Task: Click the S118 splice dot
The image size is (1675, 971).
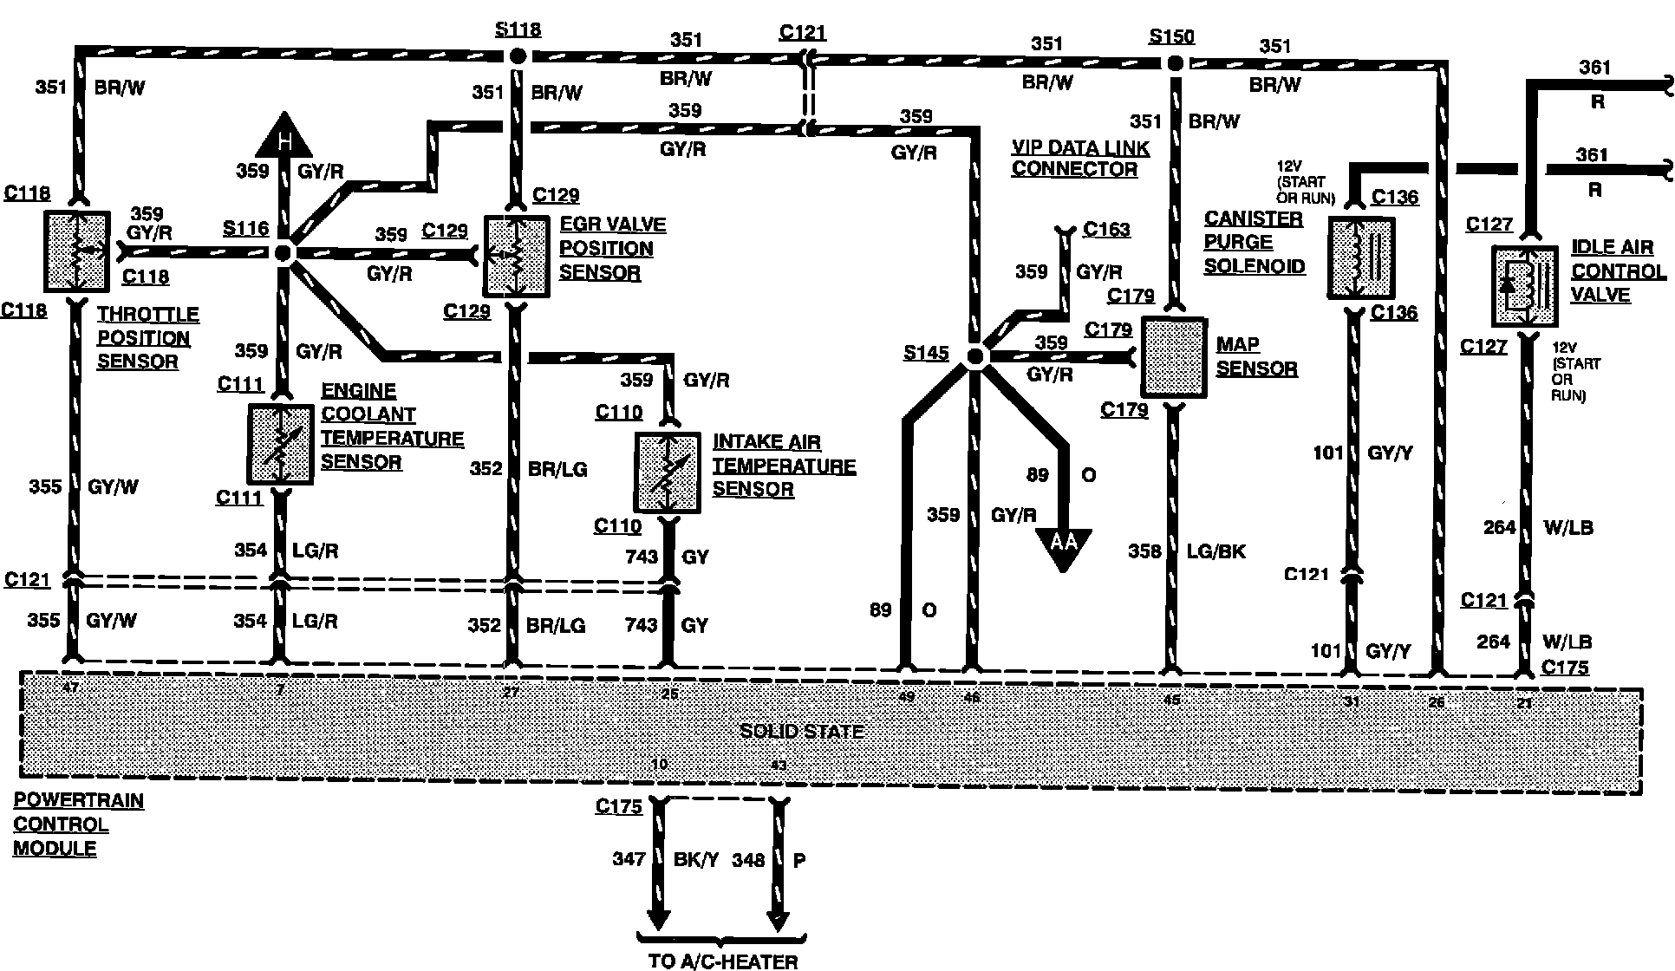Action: [x=518, y=56]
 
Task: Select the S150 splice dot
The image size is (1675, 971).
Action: [x=1175, y=63]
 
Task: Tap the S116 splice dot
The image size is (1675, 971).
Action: [x=284, y=253]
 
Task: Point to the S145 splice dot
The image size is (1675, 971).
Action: [x=975, y=356]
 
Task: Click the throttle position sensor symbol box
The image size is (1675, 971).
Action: [x=77, y=251]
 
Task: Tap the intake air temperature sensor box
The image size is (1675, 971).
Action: [x=668, y=473]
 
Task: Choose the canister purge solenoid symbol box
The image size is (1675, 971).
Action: [x=1360, y=257]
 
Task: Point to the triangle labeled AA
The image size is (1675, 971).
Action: [x=1063, y=546]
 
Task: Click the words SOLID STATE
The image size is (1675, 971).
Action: [x=802, y=731]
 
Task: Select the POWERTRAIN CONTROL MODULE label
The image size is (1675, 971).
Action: [x=78, y=824]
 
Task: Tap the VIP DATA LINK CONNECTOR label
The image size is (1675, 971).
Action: [x=1080, y=158]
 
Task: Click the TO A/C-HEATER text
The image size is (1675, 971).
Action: [x=723, y=960]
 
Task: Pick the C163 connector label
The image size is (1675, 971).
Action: [x=1106, y=229]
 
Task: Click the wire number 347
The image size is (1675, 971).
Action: [x=628, y=859]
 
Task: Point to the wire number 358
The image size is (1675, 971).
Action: [x=1144, y=551]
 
